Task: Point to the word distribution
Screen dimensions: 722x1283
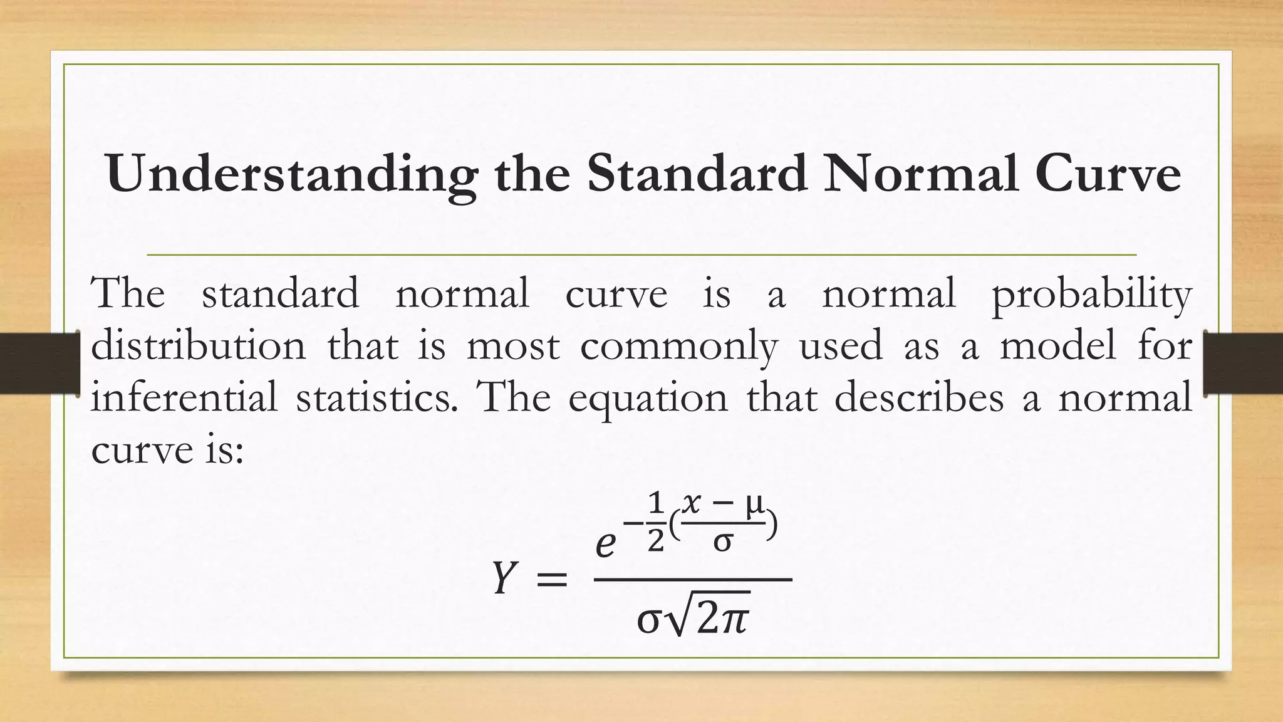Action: click(x=199, y=345)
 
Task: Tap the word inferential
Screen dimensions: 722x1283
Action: click(x=184, y=397)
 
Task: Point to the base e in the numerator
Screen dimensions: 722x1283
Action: click(x=605, y=545)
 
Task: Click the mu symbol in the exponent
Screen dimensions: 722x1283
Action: click(x=753, y=505)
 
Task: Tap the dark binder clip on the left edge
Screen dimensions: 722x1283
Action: click(x=39, y=364)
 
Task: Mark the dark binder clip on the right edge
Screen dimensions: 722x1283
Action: click(x=1244, y=364)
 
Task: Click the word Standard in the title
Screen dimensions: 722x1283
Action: click(x=697, y=174)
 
